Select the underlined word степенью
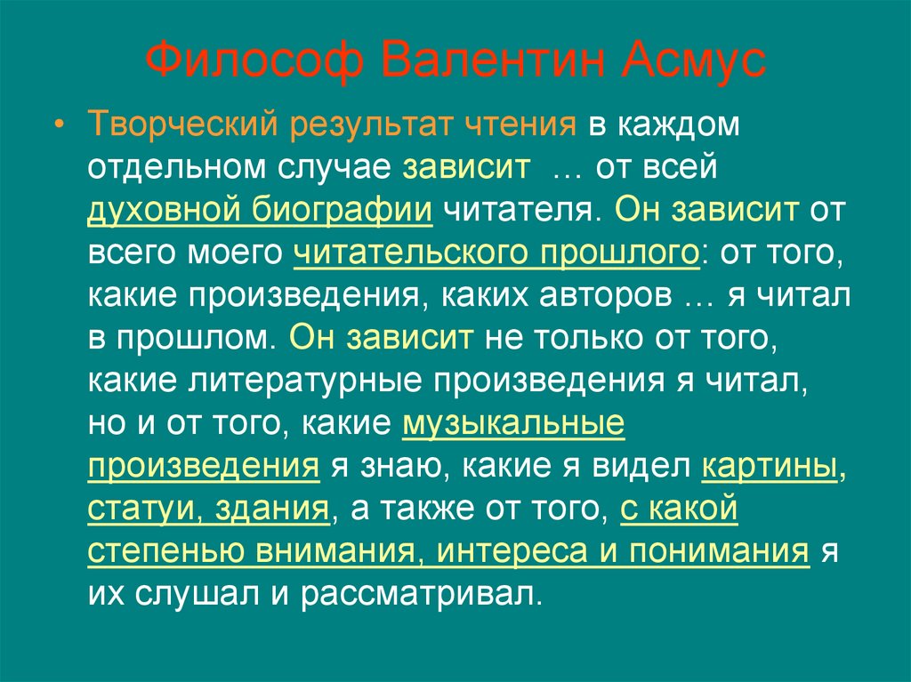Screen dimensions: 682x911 click(x=167, y=551)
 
